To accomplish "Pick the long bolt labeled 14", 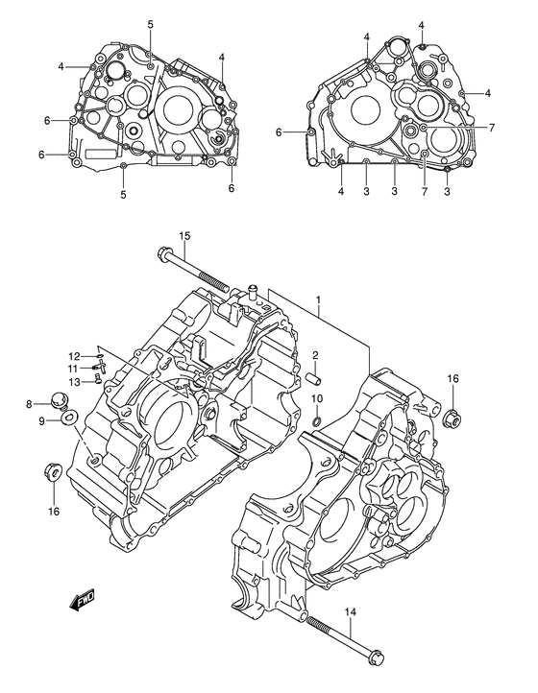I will click(x=341, y=634).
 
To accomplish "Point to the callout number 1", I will click(x=318, y=301).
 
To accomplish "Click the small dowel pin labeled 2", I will click(x=313, y=377).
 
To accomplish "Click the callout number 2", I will click(x=313, y=356).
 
